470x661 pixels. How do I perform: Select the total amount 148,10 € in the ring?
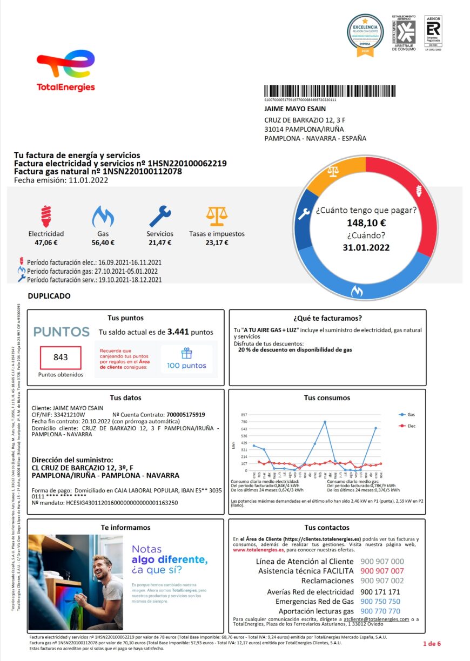pyautogui.click(x=366, y=222)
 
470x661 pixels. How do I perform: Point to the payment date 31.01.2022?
pyautogui.click(x=366, y=248)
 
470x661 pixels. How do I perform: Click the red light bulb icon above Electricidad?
pyautogui.click(x=46, y=216)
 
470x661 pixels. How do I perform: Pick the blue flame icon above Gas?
pyautogui.click(x=103, y=216)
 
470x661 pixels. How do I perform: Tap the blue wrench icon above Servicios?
pyautogui.click(x=160, y=216)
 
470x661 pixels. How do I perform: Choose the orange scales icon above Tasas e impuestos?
pyautogui.click(x=217, y=216)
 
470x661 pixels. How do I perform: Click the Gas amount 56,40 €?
pyautogui.click(x=103, y=243)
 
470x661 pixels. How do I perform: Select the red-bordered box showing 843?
pyautogui.click(x=61, y=358)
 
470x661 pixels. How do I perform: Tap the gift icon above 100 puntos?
pyautogui.click(x=186, y=353)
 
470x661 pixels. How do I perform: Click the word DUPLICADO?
pyautogui.click(x=49, y=296)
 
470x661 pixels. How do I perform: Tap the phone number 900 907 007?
pyautogui.click(x=382, y=571)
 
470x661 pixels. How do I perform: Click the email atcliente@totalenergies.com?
pyautogui.click(x=377, y=619)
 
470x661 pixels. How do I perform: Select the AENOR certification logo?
pyautogui.click(x=433, y=33)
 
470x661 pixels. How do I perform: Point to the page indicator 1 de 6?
pyautogui.click(x=432, y=643)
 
